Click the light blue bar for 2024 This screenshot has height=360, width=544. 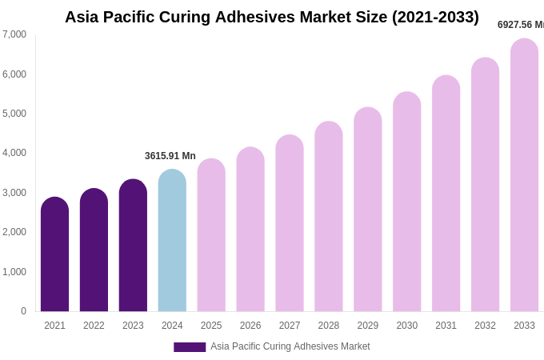pyautogui.click(x=172, y=240)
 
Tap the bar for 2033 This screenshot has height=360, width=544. pyautogui.click(x=524, y=175)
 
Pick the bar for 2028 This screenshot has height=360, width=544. pyautogui.click(x=329, y=216)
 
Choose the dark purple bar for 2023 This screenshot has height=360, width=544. pyautogui.click(x=133, y=245)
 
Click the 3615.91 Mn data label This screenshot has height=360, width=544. pyautogui.click(x=170, y=156)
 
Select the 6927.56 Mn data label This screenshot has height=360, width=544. pyautogui.click(x=520, y=25)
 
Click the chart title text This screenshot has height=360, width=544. pyautogui.click(x=272, y=17)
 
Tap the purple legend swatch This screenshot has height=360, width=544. pyautogui.click(x=190, y=347)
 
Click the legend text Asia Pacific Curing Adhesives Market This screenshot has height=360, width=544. pyautogui.click(x=290, y=346)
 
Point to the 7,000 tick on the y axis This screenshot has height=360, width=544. pyautogui.click(x=14, y=34)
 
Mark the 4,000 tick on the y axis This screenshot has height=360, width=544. pyautogui.click(x=14, y=153)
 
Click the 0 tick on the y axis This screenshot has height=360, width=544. pyautogui.click(x=23, y=311)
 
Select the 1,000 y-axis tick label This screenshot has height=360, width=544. pyautogui.click(x=14, y=272)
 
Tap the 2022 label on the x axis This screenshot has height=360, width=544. pyautogui.click(x=94, y=326)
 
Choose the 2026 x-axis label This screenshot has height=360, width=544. pyautogui.click(x=250, y=326)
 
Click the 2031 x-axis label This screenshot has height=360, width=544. pyautogui.click(x=446, y=326)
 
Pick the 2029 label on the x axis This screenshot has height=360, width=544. pyautogui.click(x=368, y=326)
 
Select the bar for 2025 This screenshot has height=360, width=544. pyautogui.click(x=211, y=235)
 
